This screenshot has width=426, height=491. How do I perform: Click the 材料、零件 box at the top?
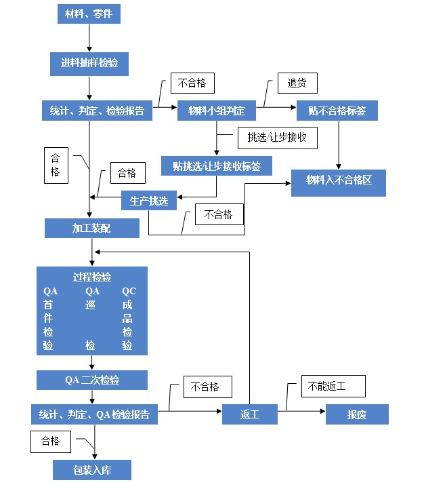(x=89, y=14)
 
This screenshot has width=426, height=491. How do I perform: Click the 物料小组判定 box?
(x=217, y=111)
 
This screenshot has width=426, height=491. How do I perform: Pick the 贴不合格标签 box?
(x=337, y=111)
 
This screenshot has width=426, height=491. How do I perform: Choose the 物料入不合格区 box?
(x=339, y=180)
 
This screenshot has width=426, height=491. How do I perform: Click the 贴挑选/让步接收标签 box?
(x=217, y=166)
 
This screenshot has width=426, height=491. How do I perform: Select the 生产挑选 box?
(x=149, y=201)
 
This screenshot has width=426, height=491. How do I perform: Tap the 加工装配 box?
(x=92, y=229)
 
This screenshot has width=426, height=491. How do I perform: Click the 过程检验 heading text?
(x=92, y=277)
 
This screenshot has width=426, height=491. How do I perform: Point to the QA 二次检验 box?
(x=92, y=380)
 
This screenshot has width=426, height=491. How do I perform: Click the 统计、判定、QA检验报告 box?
(x=94, y=414)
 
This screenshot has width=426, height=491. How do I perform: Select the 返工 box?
(x=250, y=414)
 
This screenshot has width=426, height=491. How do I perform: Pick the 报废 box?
(x=357, y=414)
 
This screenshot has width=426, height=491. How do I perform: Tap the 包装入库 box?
(x=92, y=469)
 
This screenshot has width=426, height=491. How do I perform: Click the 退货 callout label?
(x=297, y=83)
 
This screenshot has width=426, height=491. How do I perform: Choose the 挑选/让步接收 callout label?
(x=278, y=138)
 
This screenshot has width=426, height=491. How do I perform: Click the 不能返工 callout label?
(x=326, y=387)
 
